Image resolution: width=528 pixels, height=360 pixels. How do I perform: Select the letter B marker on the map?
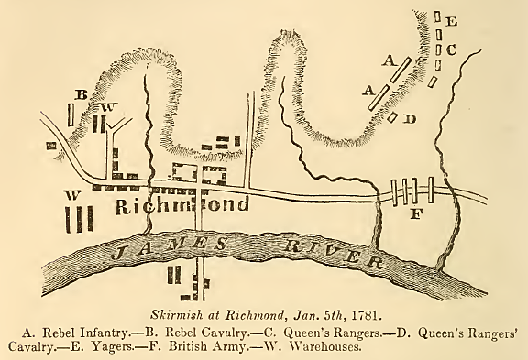(81, 94)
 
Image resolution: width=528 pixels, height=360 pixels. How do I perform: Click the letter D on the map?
(409, 118)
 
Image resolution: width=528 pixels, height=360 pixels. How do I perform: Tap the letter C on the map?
(451, 49)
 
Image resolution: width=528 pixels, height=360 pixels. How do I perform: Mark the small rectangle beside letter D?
(393, 117)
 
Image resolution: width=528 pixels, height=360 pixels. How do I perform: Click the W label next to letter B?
(107, 107)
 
